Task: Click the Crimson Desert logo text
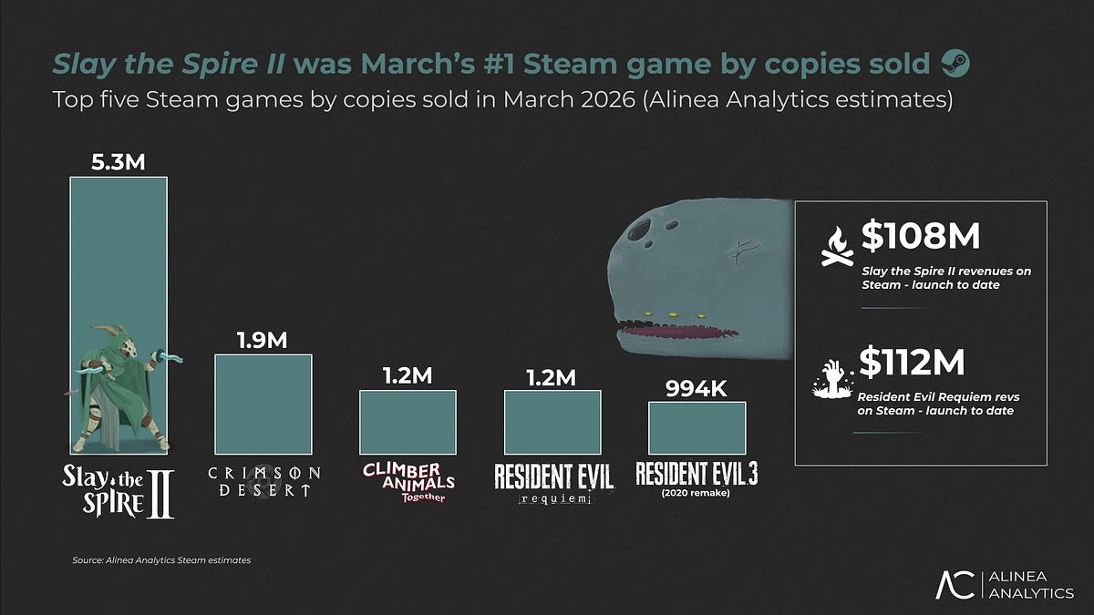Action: point(263,481)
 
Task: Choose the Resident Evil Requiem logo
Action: point(553,483)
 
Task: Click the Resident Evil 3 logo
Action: point(697,477)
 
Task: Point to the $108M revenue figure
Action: point(920,237)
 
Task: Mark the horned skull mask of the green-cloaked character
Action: point(120,346)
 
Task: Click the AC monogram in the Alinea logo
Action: point(957,585)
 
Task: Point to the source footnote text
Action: point(161,560)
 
